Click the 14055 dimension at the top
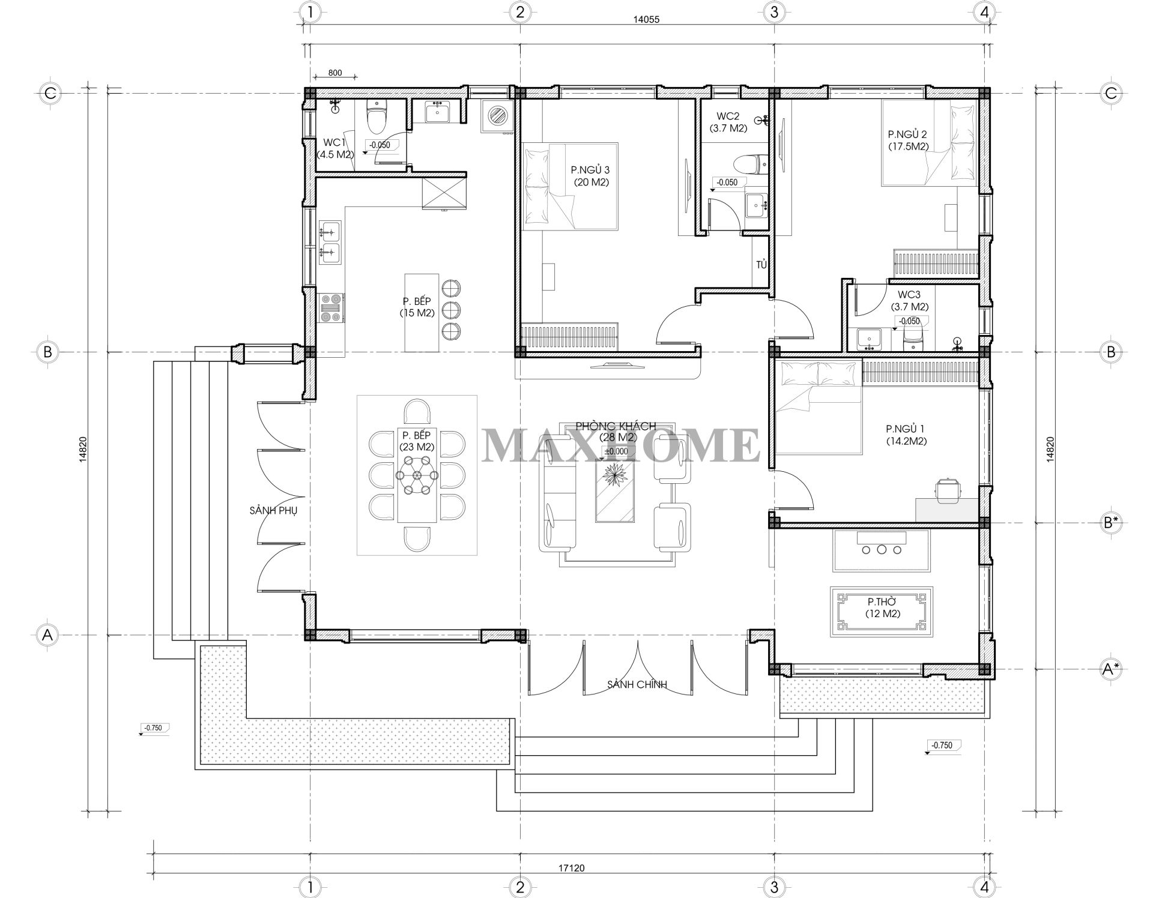[x=646, y=19]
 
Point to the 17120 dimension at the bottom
[x=571, y=867]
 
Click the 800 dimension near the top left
[x=335, y=73]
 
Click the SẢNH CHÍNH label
[x=637, y=684]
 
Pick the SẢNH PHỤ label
[x=273, y=510]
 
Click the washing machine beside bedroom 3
[x=497, y=115]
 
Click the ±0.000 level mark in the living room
[x=616, y=451]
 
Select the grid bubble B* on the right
[x=1110, y=522]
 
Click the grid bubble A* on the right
[x=1110, y=669]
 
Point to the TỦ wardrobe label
[x=761, y=264]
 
